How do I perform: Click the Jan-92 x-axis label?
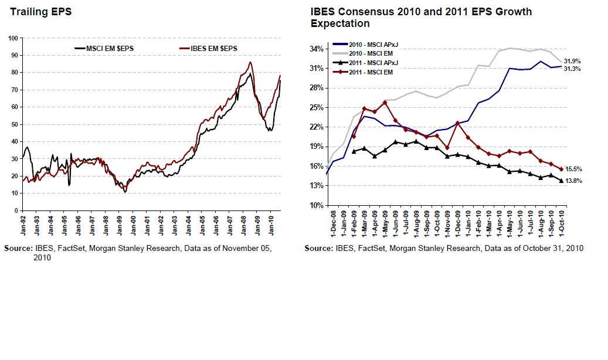point(22,222)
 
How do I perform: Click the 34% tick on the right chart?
point(317,49)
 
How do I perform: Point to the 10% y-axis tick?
point(317,205)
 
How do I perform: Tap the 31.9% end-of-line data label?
point(572,61)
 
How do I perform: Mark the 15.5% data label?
point(573,169)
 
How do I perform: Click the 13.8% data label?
point(573,181)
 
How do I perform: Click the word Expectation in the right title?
point(340,23)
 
